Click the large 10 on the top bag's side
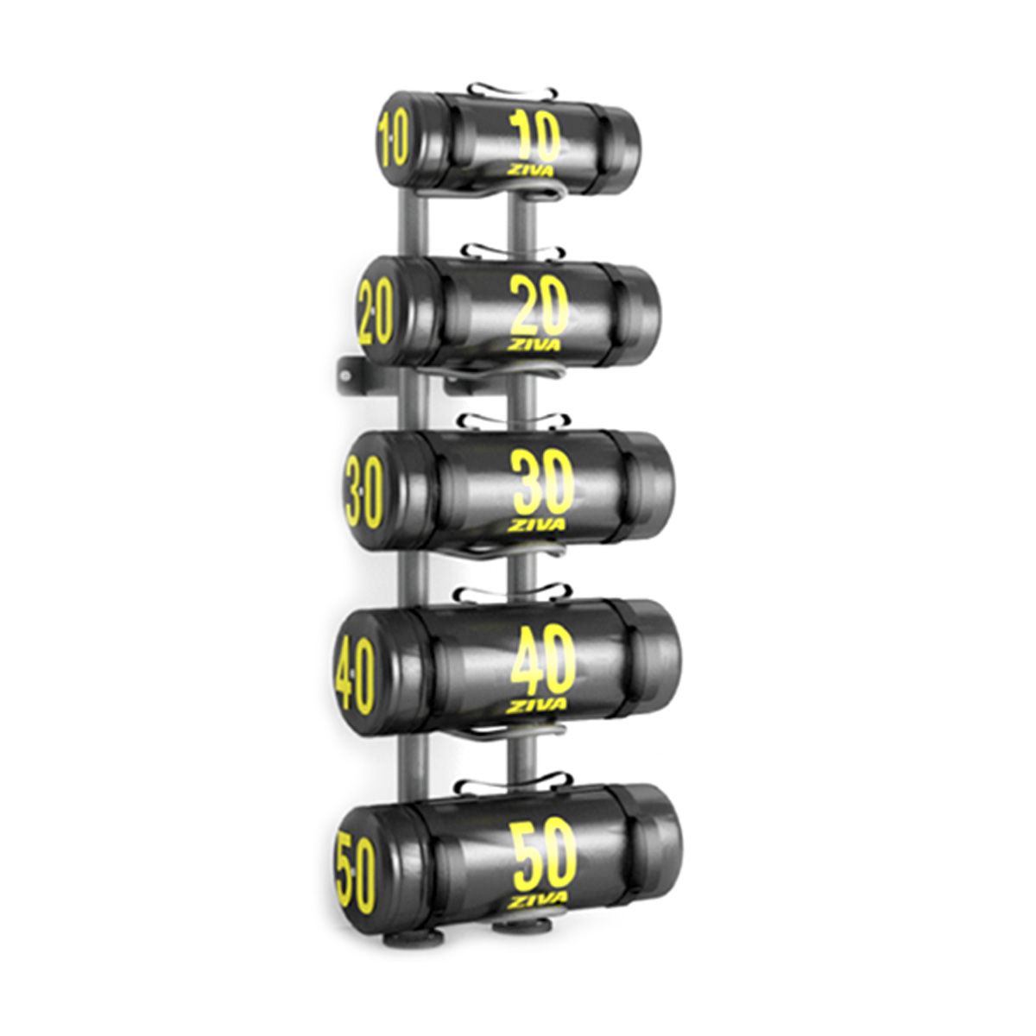(x=535, y=136)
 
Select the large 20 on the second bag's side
(x=540, y=306)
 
